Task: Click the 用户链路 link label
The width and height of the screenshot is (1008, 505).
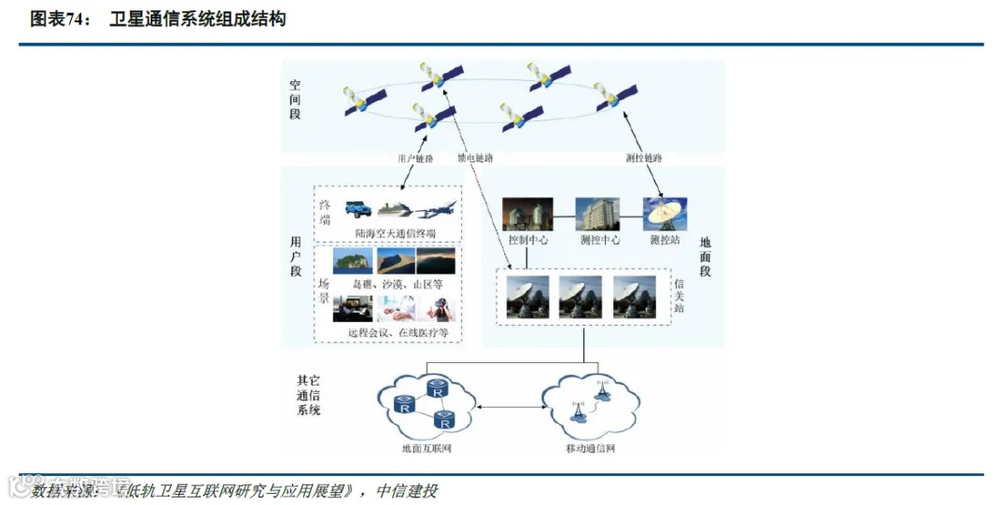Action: pyautogui.click(x=415, y=159)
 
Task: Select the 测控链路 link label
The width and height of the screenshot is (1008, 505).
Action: pyautogui.click(x=643, y=159)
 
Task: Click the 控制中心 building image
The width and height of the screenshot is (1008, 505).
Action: pyautogui.click(x=527, y=214)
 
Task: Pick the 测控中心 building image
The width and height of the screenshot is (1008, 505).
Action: pyautogui.click(x=597, y=214)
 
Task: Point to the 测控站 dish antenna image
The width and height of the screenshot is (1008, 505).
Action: pyautogui.click(x=665, y=214)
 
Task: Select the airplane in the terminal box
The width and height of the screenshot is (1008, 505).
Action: pyautogui.click(x=437, y=209)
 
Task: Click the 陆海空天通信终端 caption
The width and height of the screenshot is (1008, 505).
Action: pyautogui.click(x=395, y=232)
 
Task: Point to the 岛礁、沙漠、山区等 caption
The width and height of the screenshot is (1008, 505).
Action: pyautogui.click(x=397, y=283)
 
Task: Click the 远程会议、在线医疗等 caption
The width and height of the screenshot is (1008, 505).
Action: pyautogui.click(x=398, y=332)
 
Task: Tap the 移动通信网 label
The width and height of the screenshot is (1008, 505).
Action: pyautogui.click(x=591, y=449)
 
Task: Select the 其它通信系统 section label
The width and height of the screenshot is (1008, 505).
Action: pyautogui.click(x=309, y=395)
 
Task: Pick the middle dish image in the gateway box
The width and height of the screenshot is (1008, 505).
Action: pyautogui.click(x=581, y=297)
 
